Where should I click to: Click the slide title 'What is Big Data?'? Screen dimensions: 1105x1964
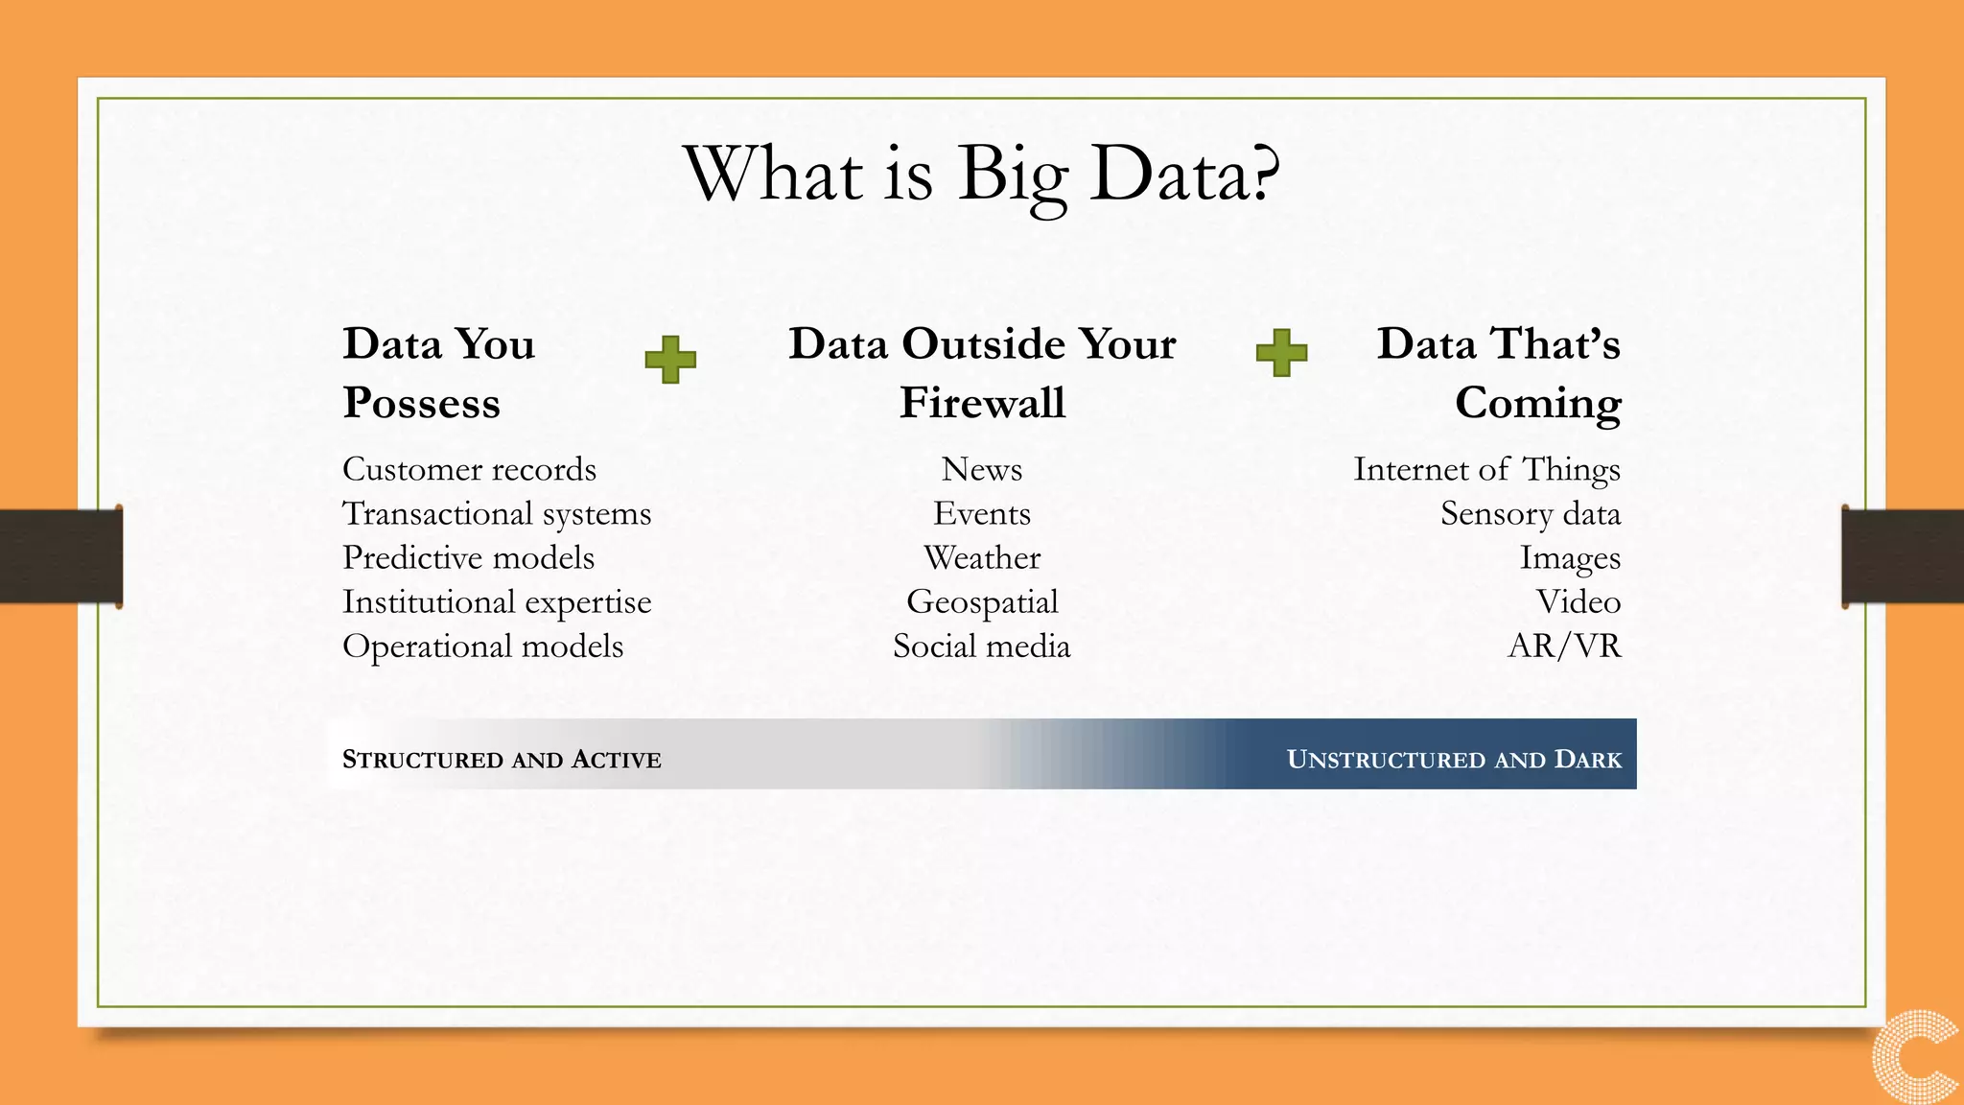tap(981, 175)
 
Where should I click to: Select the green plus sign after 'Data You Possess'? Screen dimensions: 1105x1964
tap(670, 360)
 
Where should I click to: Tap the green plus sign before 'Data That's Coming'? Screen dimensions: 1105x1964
tap(1281, 353)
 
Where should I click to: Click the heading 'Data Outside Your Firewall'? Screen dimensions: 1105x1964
tap(982, 372)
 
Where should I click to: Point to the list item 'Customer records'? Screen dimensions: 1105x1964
tap(469, 469)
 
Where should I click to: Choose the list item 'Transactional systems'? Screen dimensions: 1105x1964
tap(497, 513)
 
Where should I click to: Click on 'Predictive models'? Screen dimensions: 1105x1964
tap(468, 557)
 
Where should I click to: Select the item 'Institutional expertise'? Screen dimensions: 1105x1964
tap(497, 601)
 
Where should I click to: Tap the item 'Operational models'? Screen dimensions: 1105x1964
tap(482, 646)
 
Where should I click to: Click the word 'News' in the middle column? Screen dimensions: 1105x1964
tap(982, 469)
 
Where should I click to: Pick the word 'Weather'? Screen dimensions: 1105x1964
tap(982, 557)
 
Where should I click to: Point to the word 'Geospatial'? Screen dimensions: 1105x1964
tap(982, 601)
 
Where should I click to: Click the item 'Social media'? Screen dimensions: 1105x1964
tap(982, 646)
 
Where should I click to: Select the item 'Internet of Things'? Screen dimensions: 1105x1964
tap(1486, 469)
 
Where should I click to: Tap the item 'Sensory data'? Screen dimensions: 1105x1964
tap(1531, 513)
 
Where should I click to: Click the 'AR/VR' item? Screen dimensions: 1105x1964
tap(1564, 646)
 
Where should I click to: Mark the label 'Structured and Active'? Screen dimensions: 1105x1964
tap(502, 759)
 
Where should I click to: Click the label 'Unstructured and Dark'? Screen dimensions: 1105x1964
tap(1454, 759)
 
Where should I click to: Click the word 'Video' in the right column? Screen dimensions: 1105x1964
tap(1578, 601)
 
